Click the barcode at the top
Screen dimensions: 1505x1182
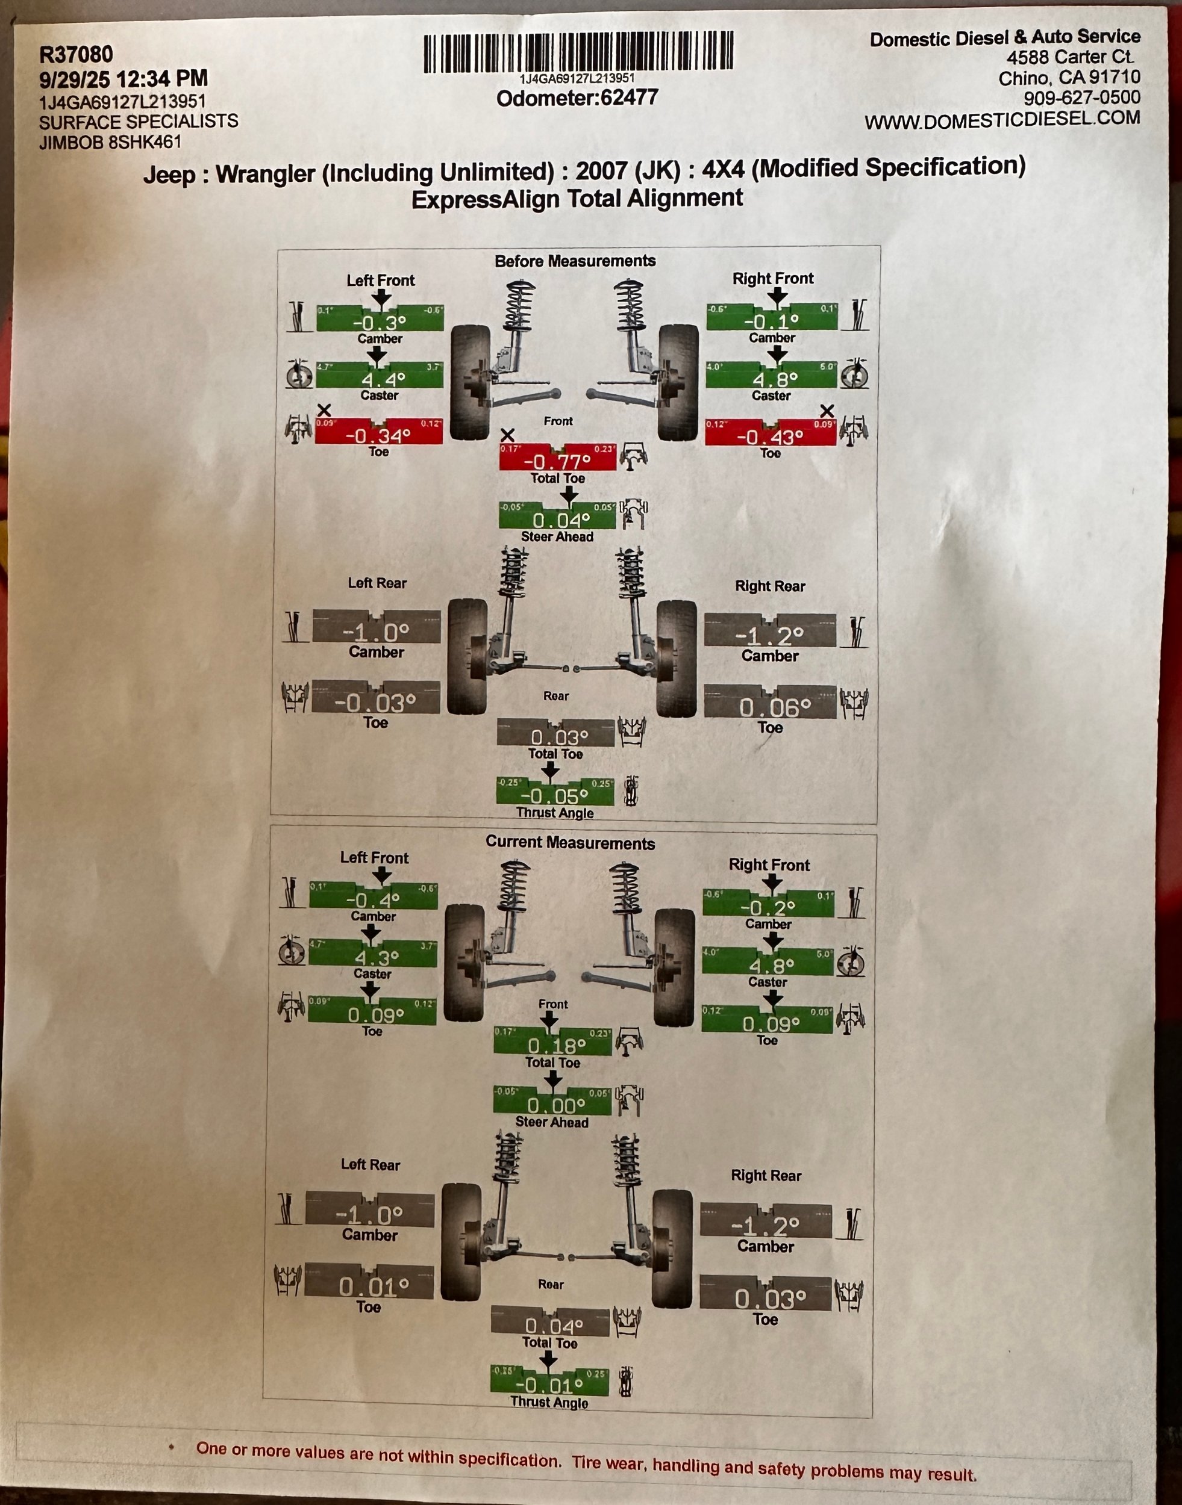click(x=578, y=52)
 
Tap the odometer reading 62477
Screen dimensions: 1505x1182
click(x=629, y=98)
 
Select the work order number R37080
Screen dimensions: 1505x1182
click(x=76, y=54)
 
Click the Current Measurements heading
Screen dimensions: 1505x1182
click(x=569, y=842)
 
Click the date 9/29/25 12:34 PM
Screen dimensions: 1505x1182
click(x=123, y=78)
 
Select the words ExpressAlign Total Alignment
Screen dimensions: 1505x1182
click(x=577, y=199)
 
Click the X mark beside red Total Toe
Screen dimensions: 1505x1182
click(x=507, y=435)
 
